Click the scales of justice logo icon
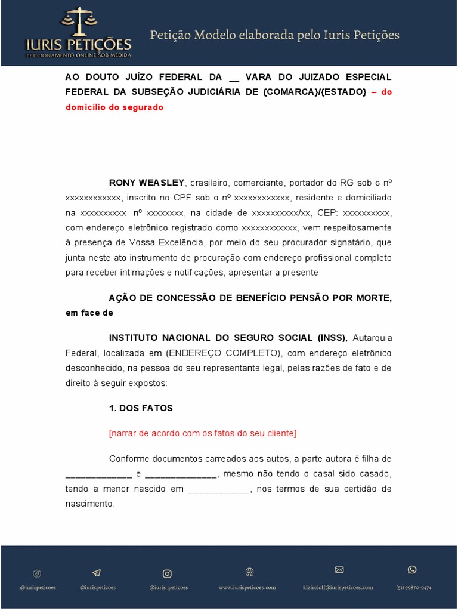[78, 22]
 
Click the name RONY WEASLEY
[147, 183]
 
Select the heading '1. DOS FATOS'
[141, 408]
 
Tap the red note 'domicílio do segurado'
[114, 107]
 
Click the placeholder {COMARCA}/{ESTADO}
[314, 92]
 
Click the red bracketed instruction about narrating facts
[202, 433]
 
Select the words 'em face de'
[89, 313]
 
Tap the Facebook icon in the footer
[37, 573]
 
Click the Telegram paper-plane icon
[97, 573]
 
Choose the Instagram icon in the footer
[168, 573]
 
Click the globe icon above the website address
[249, 572]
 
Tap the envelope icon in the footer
[339, 570]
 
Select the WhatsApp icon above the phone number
[412, 570]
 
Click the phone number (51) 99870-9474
[413, 587]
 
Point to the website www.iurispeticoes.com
[247, 587]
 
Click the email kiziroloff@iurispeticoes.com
[338, 587]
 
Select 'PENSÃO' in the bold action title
[305, 298]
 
